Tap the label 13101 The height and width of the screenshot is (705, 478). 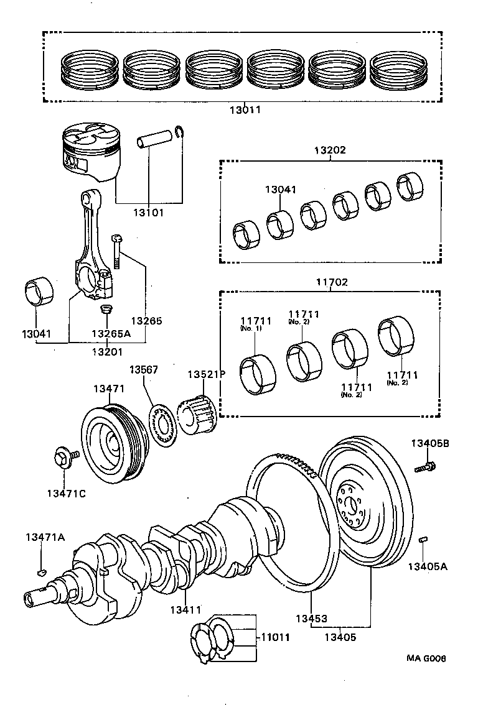point(148,213)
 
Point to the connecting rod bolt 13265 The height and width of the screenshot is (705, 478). point(117,251)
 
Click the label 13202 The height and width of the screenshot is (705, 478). point(330,150)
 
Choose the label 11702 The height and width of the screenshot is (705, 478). point(330,282)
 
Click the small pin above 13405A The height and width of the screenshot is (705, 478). point(423,540)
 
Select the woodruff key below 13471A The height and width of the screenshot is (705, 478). point(41,569)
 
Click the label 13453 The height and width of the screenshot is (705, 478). point(311,619)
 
